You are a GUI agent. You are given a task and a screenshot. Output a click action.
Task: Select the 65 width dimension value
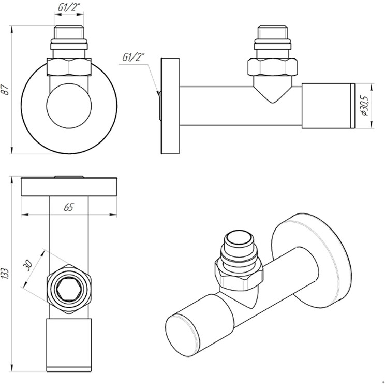click(69, 207)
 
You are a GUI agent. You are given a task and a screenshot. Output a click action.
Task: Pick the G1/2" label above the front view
click(69, 7)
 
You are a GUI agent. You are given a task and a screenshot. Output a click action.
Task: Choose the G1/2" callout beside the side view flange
click(134, 58)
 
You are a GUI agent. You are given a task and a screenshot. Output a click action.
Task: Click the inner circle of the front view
click(69, 106)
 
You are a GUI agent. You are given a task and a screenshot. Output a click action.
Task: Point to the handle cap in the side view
click(329, 106)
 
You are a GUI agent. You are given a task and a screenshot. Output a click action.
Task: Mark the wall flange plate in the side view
click(170, 106)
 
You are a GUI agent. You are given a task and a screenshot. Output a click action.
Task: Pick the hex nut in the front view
click(69, 66)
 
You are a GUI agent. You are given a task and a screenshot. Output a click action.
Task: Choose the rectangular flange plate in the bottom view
click(69, 187)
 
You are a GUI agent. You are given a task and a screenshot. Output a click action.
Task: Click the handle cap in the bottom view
click(69, 345)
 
